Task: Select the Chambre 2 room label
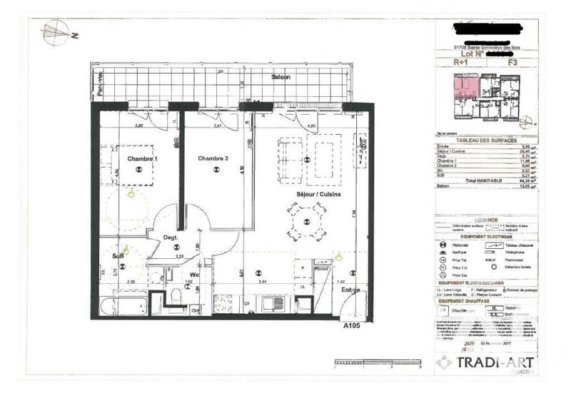[213, 158]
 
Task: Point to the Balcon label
[280, 77]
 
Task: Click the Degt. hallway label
[170, 238]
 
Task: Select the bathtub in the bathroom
[118, 308]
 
